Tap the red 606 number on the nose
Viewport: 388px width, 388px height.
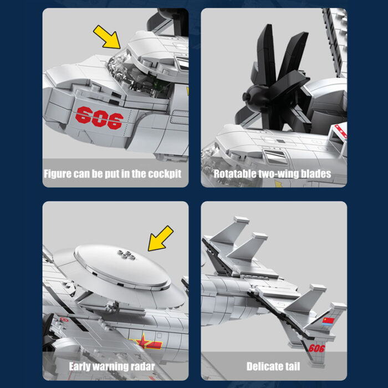[x=99, y=118]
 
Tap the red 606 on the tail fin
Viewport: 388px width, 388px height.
[x=316, y=349]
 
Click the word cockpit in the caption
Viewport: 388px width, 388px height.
[x=165, y=173]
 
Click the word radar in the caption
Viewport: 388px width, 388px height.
[x=143, y=366]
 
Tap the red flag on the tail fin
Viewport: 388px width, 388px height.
[x=328, y=321]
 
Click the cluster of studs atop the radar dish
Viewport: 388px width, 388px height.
[x=126, y=255]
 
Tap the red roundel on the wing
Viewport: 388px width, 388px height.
[x=64, y=320]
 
